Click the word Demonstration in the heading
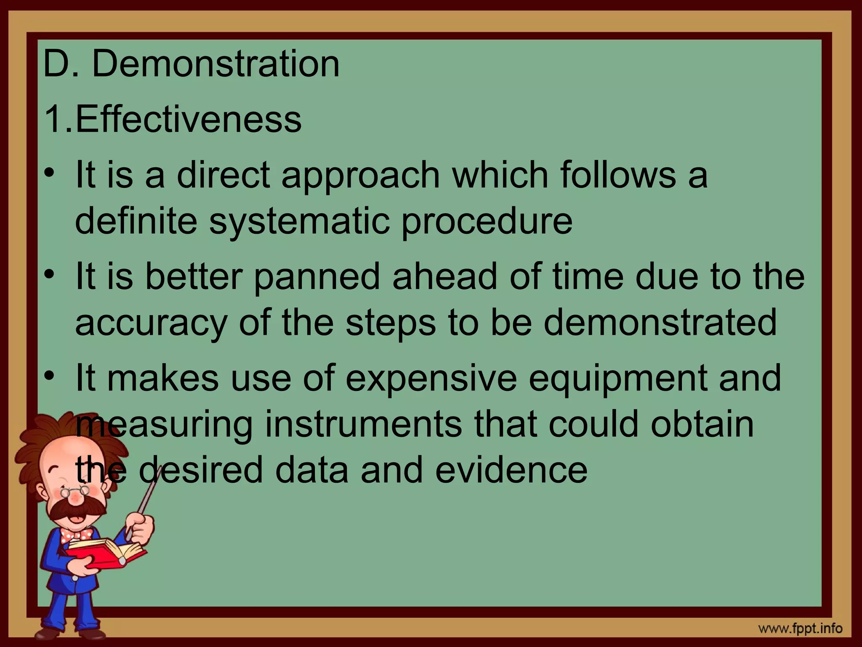coord(215,64)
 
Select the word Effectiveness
coord(188,119)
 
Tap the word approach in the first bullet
coord(361,176)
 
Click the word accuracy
coord(151,323)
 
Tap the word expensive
coord(431,378)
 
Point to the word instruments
coord(363,425)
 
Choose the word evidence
coord(511,470)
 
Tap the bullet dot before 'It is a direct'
coord(50,173)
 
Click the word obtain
coord(702,425)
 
